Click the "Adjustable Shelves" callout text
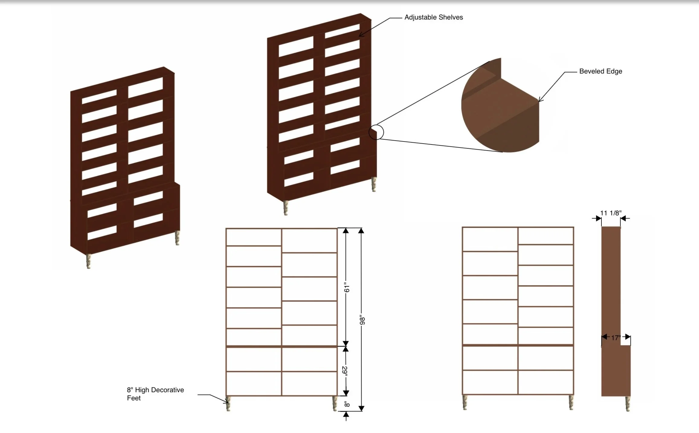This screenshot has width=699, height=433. [x=433, y=18]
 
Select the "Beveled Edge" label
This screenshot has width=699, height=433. [x=601, y=72]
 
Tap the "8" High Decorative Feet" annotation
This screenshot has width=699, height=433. [x=155, y=394]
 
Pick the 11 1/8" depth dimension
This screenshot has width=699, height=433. [x=610, y=213]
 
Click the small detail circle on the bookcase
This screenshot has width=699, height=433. [x=376, y=132]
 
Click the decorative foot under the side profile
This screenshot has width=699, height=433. [x=628, y=404]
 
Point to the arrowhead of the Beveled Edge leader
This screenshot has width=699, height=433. [x=540, y=100]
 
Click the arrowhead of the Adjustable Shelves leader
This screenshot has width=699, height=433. [x=360, y=36]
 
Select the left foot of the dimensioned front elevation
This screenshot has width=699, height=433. [x=228, y=403]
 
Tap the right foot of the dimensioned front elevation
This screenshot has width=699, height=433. [x=335, y=403]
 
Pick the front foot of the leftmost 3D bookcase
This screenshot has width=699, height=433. [x=89, y=261]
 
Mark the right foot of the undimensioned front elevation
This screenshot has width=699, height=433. [x=571, y=403]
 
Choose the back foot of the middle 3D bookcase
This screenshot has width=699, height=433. [x=374, y=184]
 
